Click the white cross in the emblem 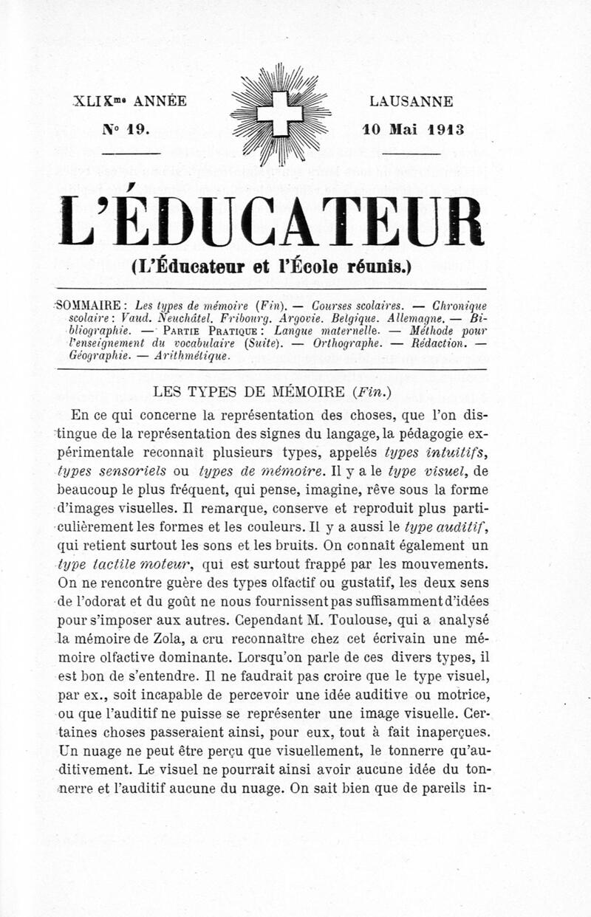point(280,113)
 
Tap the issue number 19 point(138,128)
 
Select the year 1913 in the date point(445,128)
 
